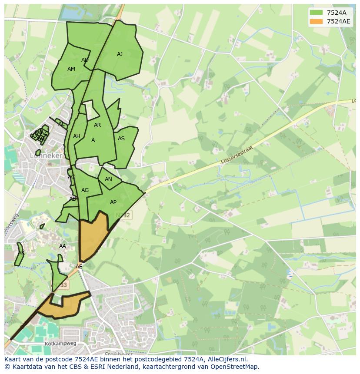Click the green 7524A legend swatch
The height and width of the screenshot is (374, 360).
click(x=317, y=12)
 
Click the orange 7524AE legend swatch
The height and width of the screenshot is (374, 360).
click(x=317, y=21)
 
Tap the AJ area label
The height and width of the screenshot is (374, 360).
click(x=120, y=54)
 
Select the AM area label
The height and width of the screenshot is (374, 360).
click(x=71, y=69)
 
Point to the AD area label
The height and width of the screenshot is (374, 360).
click(x=85, y=60)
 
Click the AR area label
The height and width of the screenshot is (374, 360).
click(x=97, y=125)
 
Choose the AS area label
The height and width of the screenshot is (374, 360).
click(x=121, y=139)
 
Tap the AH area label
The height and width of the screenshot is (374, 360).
click(x=77, y=136)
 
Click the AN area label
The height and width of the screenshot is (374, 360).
click(x=108, y=179)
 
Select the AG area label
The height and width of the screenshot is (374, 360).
click(x=85, y=190)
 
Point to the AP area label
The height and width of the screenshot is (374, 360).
click(x=113, y=202)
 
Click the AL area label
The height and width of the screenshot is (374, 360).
click(x=61, y=124)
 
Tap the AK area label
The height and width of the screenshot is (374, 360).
click(x=21, y=253)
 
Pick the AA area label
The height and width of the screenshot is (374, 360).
click(x=63, y=246)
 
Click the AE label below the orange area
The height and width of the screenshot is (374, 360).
click(x=79, y=267)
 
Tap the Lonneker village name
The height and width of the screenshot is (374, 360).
click(x=46, y=155)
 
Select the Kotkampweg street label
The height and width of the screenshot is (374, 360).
click(x=60, y=344)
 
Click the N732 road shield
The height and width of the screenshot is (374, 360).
click(x=123, y=215)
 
